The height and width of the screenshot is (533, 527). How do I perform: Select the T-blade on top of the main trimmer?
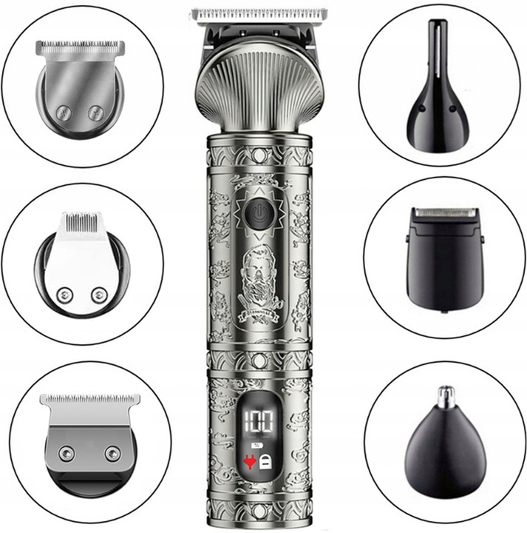(x=258, y=15)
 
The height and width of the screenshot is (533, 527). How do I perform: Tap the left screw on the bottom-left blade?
(x=68, y=453)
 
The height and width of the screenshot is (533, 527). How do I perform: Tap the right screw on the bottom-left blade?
(x=112, y=453)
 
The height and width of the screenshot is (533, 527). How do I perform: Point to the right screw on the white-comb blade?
(x=98, y=295)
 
